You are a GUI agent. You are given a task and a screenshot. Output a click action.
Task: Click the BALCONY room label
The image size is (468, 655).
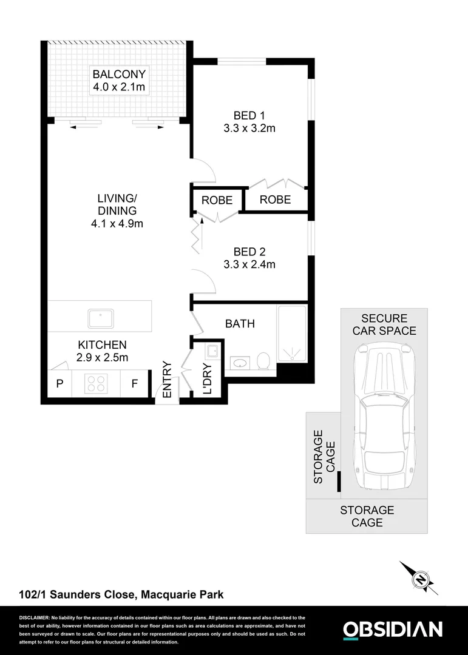pos(119,75)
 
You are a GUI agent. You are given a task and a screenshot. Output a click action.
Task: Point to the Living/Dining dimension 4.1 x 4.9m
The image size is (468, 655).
pos(117,224)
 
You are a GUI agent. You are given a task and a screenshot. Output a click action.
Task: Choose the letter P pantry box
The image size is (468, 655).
pos(59,384)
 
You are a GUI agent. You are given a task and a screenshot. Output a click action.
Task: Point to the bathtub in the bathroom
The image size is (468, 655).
pos(293,334)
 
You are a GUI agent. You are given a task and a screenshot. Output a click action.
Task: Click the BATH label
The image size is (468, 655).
pos(240,324)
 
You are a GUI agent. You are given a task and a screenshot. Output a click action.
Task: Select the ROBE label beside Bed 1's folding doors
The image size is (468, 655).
pos(275,200)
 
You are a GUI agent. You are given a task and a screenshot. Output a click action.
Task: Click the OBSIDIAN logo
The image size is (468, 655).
pos(393,630)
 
